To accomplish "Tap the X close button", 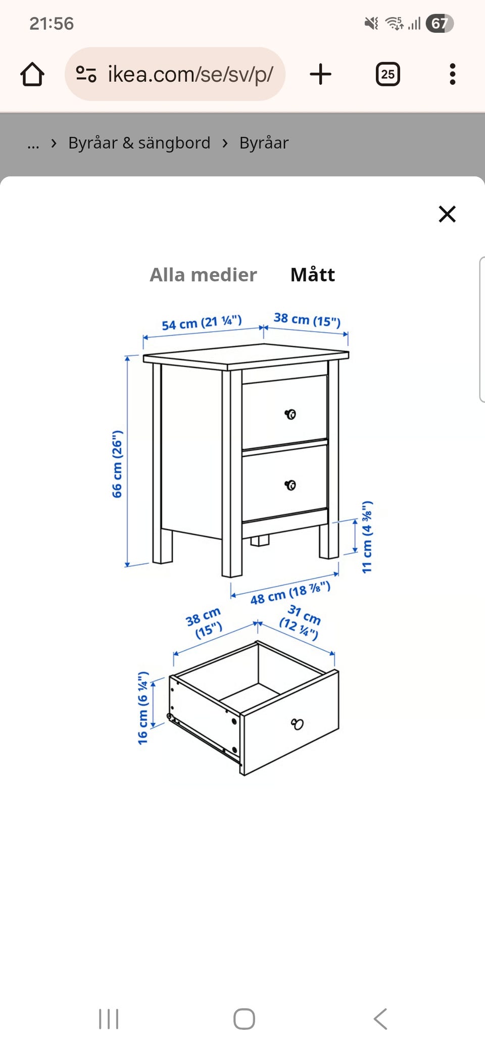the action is point(447,214).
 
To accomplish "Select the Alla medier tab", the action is point(203,275).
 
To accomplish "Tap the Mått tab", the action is point(313,275).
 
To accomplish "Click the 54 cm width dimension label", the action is point(202,323).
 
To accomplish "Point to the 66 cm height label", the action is point(117,464).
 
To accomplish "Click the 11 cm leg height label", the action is point(367,537).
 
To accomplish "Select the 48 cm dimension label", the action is point(290,593).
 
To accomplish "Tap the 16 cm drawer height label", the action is point(143,708).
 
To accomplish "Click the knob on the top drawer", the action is point(290,414).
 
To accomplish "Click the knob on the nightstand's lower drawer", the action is point(290,485).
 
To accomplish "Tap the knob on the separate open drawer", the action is point(298,724).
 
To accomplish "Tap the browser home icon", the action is point(32,74).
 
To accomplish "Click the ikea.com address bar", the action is point(175,74).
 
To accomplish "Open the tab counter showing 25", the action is point(388,74).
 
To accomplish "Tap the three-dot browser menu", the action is point(452,74).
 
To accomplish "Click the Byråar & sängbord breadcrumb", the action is point(139,143).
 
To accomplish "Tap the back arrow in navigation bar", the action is point(380,1019).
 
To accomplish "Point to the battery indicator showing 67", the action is point(440,23).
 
